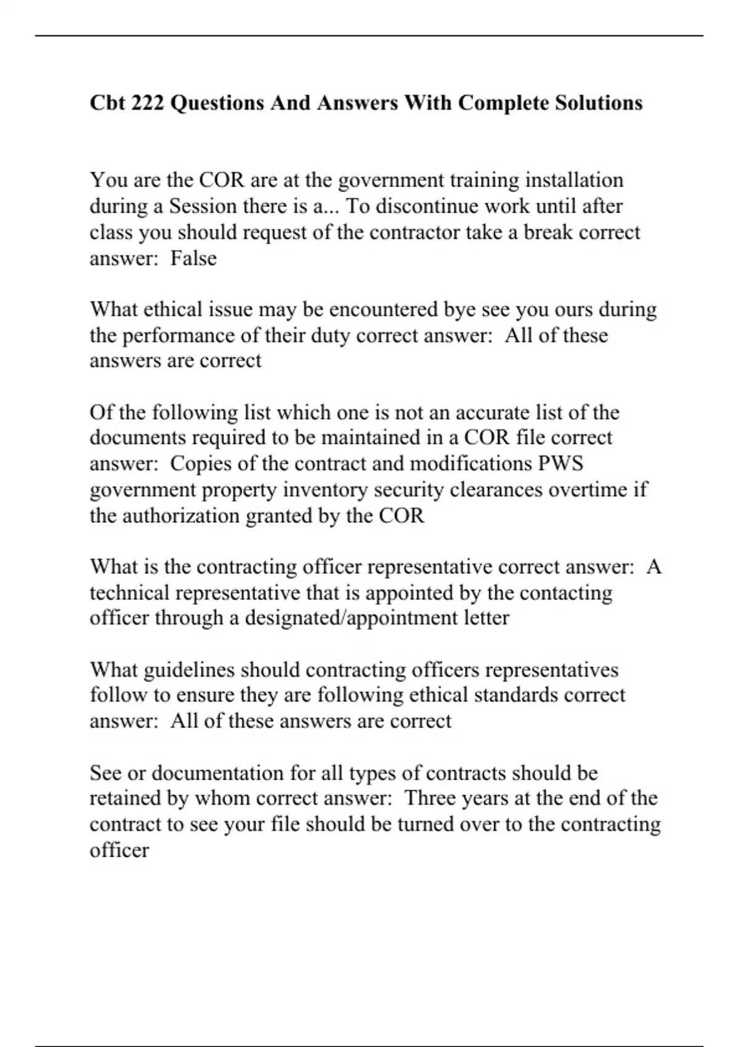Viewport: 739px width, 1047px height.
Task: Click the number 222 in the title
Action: [x=148, y=102]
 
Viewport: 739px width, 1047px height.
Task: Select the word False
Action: [x=193, y=258]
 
